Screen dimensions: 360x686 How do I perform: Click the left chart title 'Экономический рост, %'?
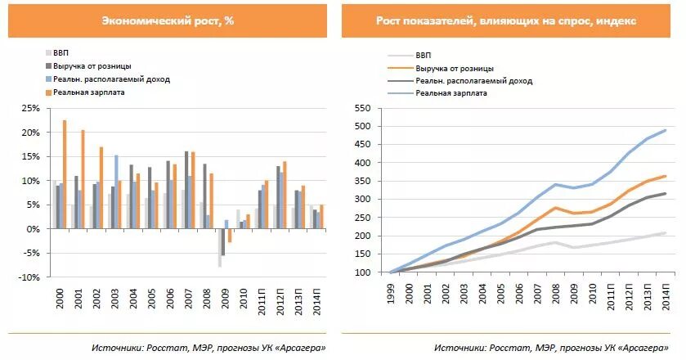point(167,20)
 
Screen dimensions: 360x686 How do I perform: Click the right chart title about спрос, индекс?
point(506,20)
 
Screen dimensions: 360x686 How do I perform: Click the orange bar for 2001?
point(83,179)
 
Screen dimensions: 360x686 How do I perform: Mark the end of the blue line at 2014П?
point(665,130)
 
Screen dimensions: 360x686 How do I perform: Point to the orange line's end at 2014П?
point(665,176)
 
